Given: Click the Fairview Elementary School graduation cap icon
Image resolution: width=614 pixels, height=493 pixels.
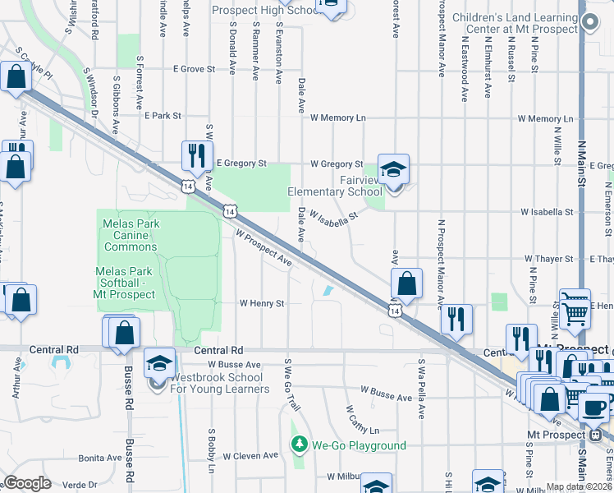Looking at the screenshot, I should coord(393,170).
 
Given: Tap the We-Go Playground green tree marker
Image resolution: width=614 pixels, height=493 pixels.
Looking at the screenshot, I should coord(300,445).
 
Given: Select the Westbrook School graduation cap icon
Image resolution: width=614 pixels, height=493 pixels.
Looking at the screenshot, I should coord(159,362).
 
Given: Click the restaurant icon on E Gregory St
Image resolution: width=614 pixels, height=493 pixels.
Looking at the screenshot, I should coord(196,154).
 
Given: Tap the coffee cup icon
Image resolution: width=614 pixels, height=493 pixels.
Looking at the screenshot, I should coord(594,407).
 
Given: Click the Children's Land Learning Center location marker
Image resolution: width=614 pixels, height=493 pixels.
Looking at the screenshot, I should coord(588,24).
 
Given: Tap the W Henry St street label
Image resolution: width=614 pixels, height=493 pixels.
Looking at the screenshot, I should coord(261,303).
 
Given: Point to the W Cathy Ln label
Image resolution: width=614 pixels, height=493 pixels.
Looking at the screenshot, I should coord(362,420).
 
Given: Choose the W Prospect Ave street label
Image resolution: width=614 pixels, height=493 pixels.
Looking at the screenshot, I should coord(263,247).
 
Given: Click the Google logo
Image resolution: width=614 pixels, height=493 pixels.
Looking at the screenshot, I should coord(27,483).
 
